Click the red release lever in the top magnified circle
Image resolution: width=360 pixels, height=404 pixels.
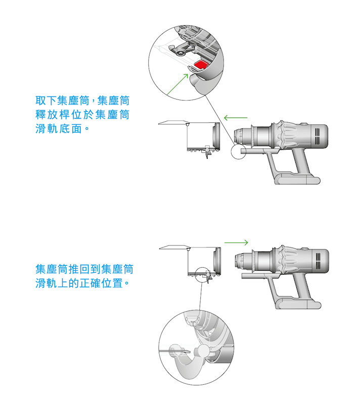[x=201, y=65]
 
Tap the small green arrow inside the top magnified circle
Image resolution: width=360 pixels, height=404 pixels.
[x=186, y=76]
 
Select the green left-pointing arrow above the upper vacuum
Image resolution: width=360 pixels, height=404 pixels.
[x=235, y=118]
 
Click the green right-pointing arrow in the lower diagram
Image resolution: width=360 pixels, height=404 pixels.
[x=237, y=242]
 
